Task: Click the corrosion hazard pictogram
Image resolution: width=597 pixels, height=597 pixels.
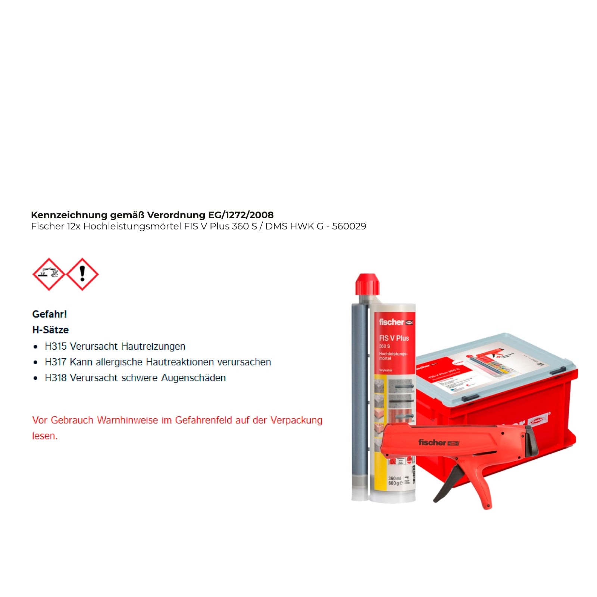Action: (x=49, y=274)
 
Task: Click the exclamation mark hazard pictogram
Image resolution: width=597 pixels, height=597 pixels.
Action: (x=82, y=274)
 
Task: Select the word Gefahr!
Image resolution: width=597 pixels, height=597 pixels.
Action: (x=50, y=314)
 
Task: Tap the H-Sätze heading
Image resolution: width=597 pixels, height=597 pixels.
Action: (x=50, y=330)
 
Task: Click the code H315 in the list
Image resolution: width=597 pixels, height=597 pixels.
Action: (x=56, y=346)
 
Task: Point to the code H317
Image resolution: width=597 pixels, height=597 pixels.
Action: (x=56, y=362)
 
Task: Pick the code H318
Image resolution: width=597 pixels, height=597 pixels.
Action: (x=56, y=378)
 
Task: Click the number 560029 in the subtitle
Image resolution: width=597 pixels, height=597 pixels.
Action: (x=349, y=226)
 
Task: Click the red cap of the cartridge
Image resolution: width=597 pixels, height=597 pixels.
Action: (x=367, y=284)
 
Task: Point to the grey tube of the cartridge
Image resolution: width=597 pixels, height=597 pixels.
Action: (x=359, y=399)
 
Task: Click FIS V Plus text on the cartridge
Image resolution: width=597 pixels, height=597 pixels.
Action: (x=394, y=338)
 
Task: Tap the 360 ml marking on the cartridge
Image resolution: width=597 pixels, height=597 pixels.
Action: (x=394, y=478)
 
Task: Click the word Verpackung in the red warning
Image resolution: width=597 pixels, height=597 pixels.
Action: (x=296, y=420)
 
